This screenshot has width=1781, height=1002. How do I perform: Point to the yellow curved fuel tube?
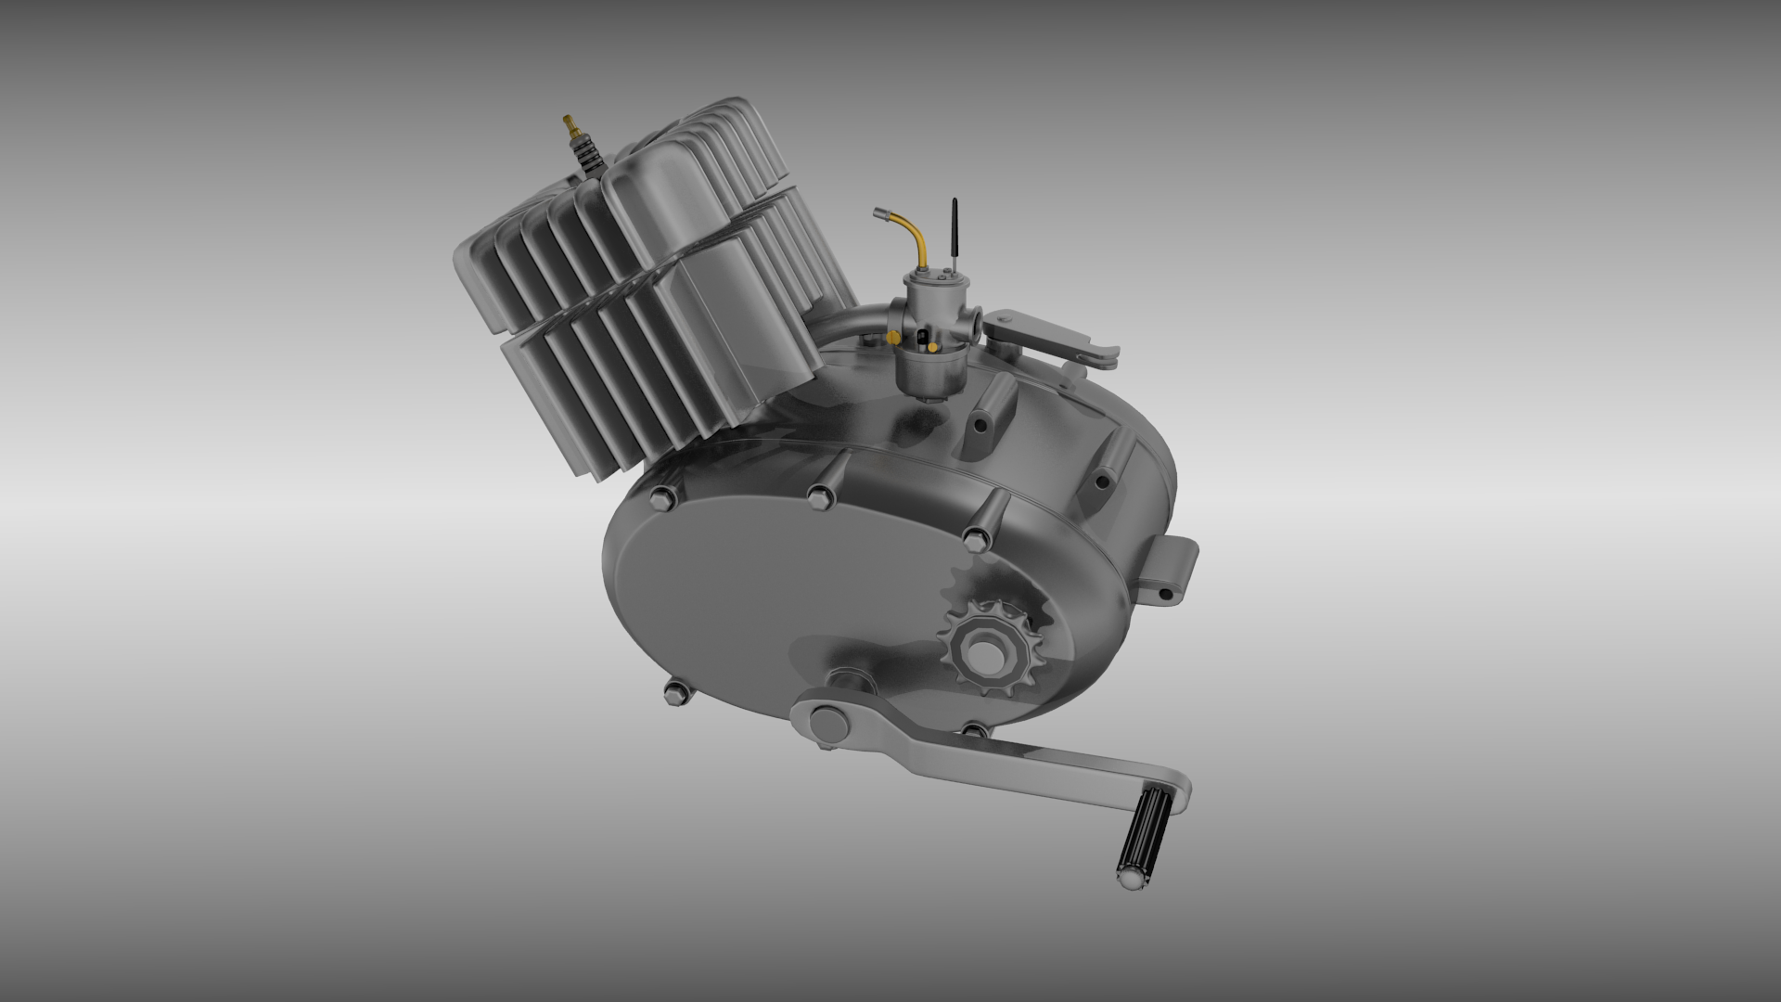coord(918,241)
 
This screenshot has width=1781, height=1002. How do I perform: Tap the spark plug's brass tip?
coord(569,122)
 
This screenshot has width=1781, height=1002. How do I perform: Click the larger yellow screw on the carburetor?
coord(892,335)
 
